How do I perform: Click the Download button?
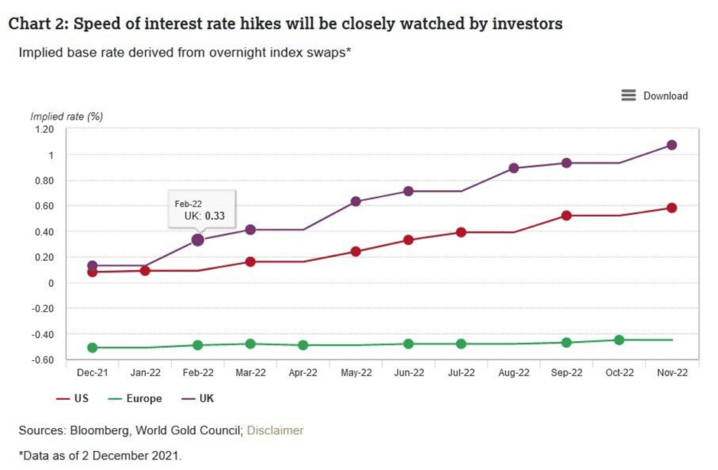click(655, 95)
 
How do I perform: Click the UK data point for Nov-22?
click(671, 145)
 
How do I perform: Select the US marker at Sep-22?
click(566, 215)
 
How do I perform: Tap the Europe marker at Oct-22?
click(619, 340)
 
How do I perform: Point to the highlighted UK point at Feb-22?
click(198, 240)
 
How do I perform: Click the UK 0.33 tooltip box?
click(202, 210)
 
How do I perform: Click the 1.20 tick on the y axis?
click(44, 129)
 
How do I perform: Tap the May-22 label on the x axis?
click(356, 373)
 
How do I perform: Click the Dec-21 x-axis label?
click(92, 373)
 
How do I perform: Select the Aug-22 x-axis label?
click(514, 373)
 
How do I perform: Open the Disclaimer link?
click(275, 430)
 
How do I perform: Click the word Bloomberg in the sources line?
click(99, 430)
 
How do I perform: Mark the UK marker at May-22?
click(356, 201)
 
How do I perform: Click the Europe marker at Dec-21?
click(92, 347)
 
